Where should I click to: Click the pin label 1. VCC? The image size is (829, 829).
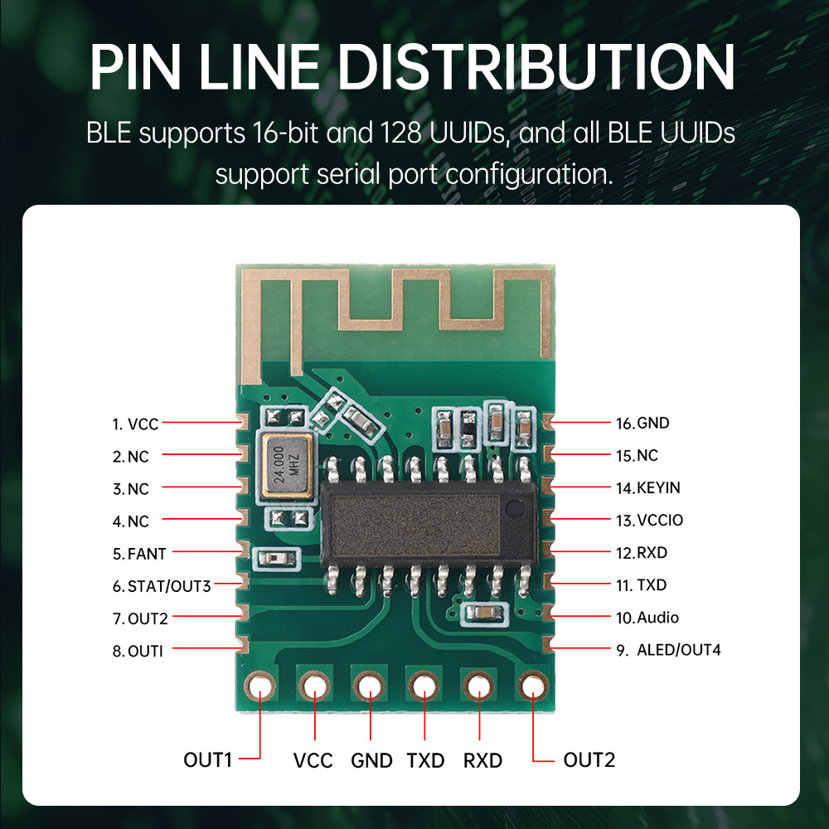point(135,424)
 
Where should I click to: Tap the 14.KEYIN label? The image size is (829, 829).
point(647,487)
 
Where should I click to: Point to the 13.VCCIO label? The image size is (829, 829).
point(649,521)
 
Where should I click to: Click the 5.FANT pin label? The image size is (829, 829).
point(139,553)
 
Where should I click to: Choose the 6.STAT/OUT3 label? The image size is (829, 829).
point(162,586)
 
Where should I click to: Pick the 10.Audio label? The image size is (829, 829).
point(647,618)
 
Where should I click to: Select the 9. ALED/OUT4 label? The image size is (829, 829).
point(668,650)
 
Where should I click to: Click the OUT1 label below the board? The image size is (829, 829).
point(208,759)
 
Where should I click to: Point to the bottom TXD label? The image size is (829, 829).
point(425,760)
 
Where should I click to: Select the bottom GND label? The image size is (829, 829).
point(371,760)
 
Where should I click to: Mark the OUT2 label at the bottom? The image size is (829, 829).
point(589,759)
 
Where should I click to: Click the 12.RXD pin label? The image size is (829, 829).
point(641,553)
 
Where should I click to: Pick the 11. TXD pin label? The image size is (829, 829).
point(641,585)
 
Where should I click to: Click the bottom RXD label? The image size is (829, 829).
point(482,760)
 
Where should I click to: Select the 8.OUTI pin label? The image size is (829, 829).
point(138,651)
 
